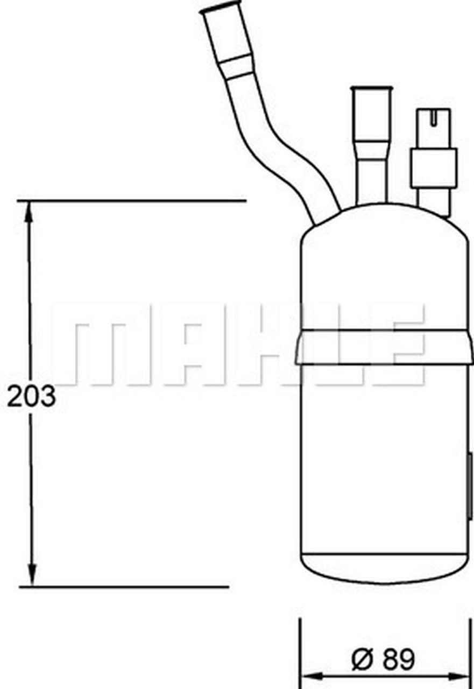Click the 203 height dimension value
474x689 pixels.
31,397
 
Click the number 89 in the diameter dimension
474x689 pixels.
399,659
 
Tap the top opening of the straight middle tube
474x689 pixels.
370,89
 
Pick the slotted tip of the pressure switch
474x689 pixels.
433,115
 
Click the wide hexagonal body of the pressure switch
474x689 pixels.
433,167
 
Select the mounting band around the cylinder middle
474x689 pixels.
384,347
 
